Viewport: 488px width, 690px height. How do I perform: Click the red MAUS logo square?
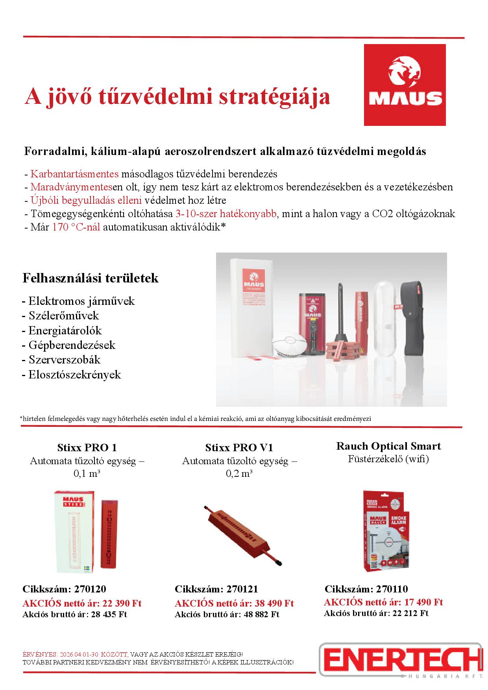405,85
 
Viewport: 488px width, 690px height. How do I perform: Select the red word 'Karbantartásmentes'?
74,174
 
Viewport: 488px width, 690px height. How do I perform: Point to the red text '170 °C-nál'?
76,227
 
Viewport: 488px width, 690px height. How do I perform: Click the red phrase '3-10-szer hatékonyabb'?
226,214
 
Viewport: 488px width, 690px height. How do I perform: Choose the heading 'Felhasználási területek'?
91,278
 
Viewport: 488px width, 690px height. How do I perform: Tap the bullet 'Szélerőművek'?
63,315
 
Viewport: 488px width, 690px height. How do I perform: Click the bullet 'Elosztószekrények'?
74,375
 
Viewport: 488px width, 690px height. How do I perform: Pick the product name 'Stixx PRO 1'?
87,448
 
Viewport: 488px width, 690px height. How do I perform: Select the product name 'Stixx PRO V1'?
239,448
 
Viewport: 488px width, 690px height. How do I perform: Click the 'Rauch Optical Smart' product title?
388,446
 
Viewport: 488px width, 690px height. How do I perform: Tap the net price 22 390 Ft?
122,603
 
